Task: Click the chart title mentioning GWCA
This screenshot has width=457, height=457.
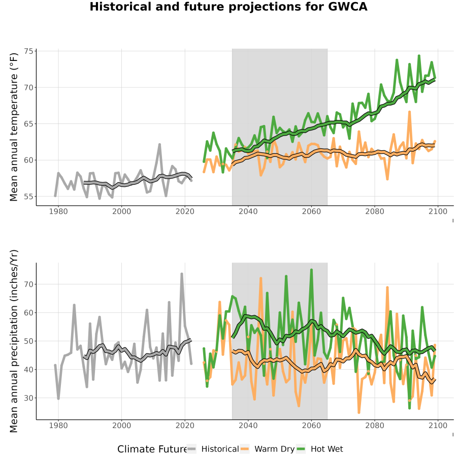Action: tap(228, 7)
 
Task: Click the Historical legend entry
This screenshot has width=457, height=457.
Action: tap(213, 449)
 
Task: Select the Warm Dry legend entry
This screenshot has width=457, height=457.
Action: tap(267, 449)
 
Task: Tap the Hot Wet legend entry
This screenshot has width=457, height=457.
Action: tap(320, 449)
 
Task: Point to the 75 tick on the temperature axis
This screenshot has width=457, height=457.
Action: tap(29, 51)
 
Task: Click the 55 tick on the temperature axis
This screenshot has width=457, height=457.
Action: tap(29, 197)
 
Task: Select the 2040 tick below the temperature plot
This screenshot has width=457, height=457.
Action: tap(248, 211)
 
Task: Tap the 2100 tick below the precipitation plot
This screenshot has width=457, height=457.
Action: tap(438, 426)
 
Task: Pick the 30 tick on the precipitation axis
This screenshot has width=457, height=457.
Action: tap(29, 398)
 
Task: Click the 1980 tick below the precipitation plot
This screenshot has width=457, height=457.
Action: tap(58, 426)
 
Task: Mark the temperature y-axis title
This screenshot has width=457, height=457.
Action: tap(14, 127)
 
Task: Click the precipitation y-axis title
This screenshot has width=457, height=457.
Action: tap(14, 341)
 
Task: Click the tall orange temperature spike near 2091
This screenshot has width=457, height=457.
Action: tap(409, 112)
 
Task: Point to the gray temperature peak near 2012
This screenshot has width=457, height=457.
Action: tap(160, 145)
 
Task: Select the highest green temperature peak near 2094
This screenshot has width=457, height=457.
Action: tap(419, 56)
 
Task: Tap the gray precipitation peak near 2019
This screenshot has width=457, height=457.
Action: tap(182, 274)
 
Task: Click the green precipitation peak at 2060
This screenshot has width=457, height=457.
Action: tap(312, 270)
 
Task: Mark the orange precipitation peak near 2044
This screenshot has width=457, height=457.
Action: tap(261, 278)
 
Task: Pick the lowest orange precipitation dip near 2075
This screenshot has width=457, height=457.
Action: tap(359, 412)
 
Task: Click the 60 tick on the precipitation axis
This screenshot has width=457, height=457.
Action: tap(29, 312)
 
